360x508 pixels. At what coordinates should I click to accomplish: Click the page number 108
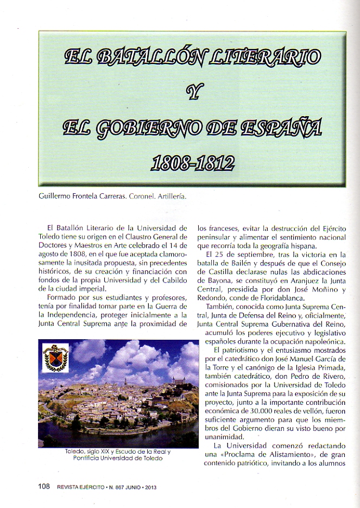pyautogui.click(x=44, y=486)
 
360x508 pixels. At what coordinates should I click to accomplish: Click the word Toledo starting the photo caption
pyautogui.click(x=74, y=452)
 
